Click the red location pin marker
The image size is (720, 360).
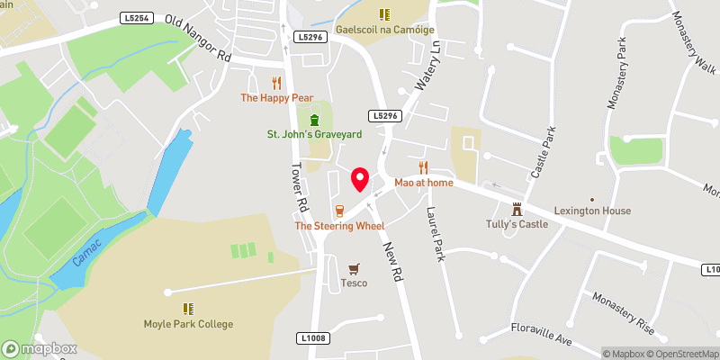pos(361,178)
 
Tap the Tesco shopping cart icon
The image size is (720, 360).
pos(354,269)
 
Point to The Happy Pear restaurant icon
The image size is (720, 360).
pos(276,82)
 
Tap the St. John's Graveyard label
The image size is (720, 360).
pos(314,134)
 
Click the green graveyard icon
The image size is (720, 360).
pos(314,120)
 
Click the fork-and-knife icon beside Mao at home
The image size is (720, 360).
pos(423,167)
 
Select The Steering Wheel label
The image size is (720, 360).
pos(339,225)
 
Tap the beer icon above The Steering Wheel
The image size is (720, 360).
pos(339,211)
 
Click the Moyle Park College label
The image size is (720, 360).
pos(188,324)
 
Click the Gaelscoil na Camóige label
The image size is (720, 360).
pos(384,29)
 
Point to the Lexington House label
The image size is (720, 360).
pos(592,211)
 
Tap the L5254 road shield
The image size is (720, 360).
pos(135,17)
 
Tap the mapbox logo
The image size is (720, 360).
pos(40,348)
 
